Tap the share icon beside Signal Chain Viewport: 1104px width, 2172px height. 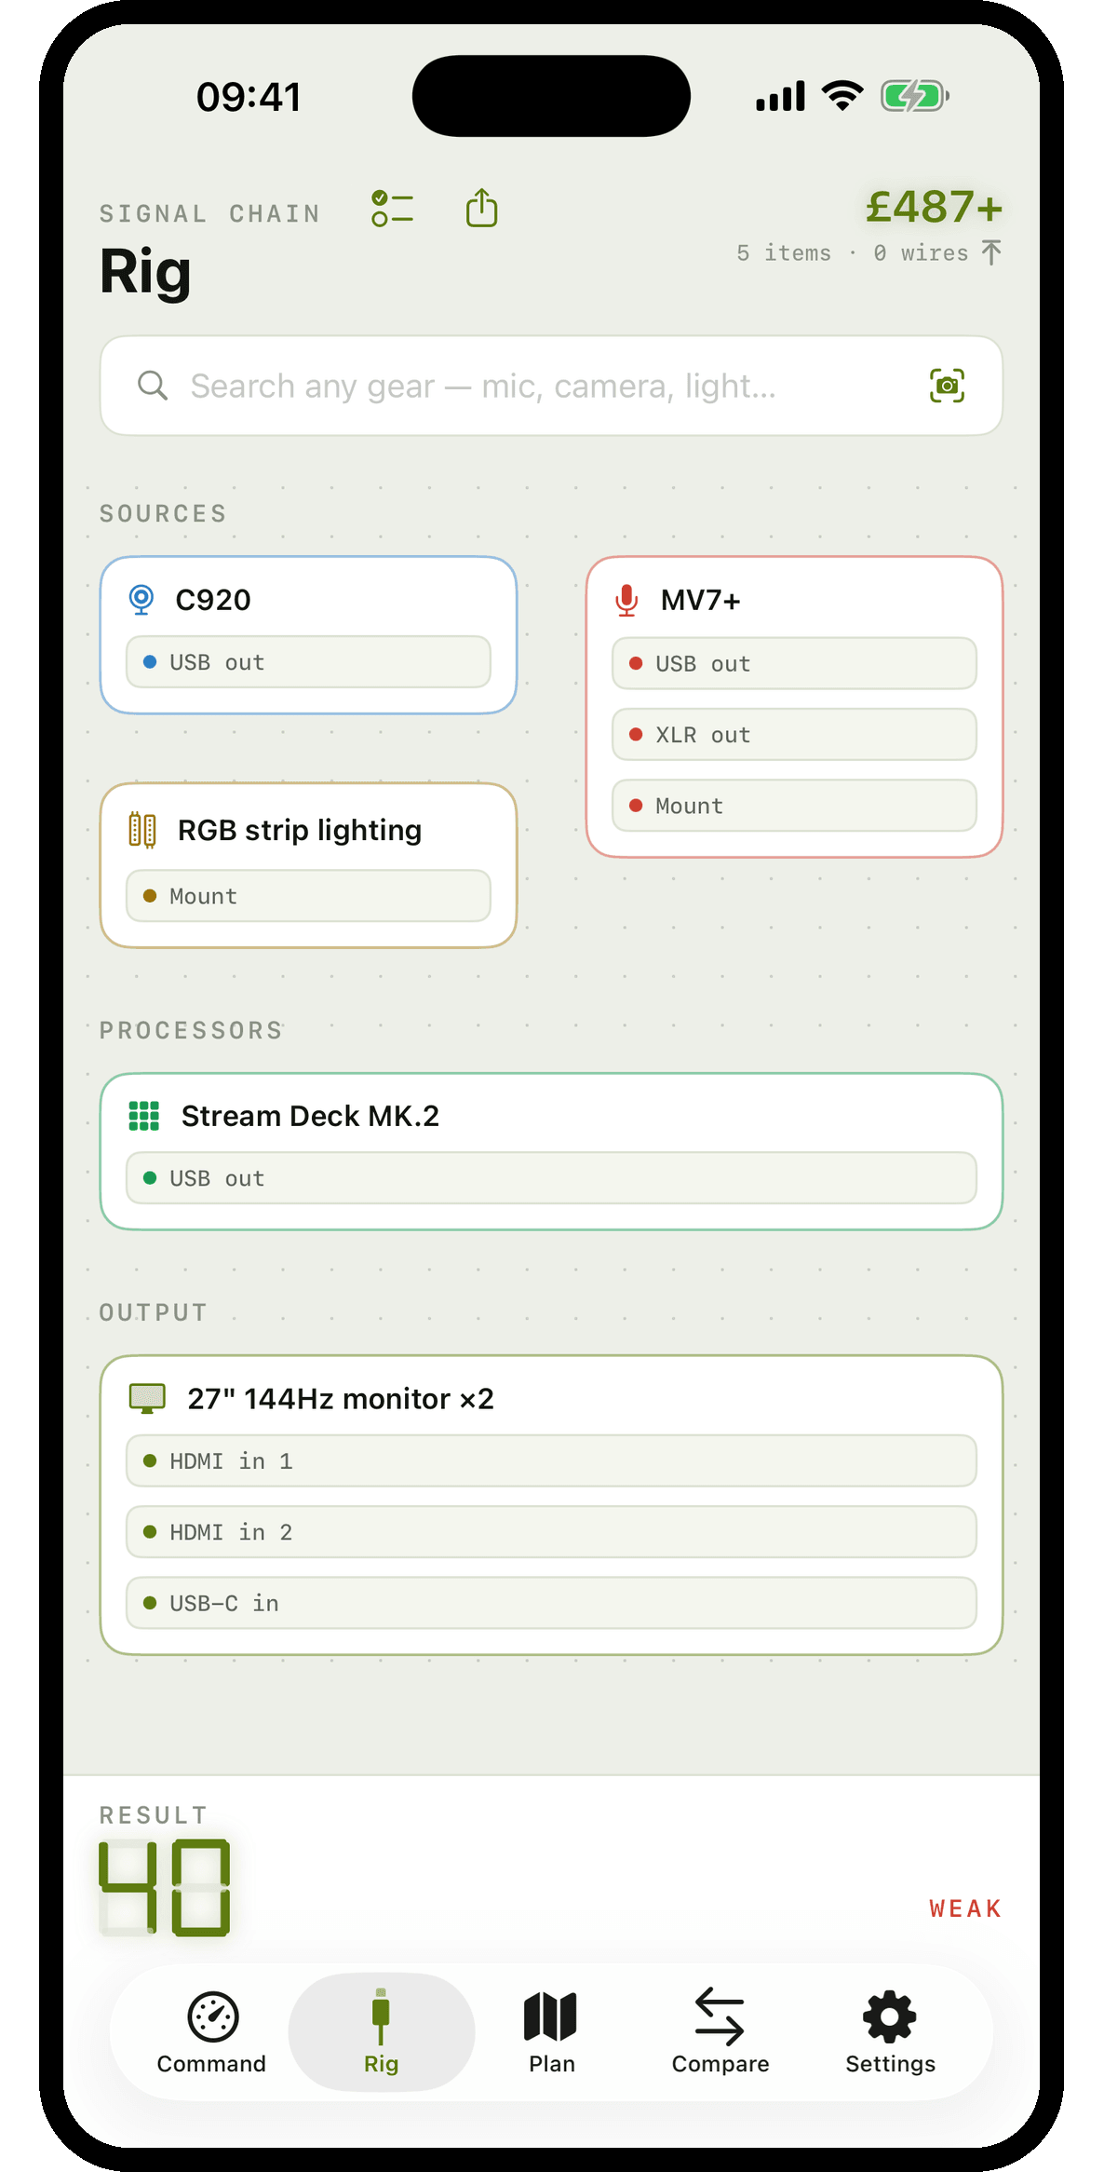[481, 208]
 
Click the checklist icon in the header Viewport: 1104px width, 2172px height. [392, 208]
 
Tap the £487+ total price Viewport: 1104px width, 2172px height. [934, 207]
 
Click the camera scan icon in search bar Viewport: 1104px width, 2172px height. [947, 386]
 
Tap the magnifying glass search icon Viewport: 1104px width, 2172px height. [153, 385]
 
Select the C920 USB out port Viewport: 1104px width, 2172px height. [308, 662]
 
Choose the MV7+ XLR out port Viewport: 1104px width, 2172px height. [794, 735]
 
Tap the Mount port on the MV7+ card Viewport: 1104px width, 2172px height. [794, 806]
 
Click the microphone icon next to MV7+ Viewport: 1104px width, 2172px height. [626, 601]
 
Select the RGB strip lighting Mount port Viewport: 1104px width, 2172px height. [308, 896]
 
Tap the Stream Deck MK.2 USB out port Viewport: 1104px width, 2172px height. [551, 1178]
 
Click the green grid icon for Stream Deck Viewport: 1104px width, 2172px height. [144, 1116]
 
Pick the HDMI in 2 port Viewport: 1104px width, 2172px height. [551, 1532]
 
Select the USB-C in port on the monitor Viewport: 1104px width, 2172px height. [551, 1603]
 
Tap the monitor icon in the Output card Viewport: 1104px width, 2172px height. [147, 1398]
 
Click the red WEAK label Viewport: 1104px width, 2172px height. [965, 1909]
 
